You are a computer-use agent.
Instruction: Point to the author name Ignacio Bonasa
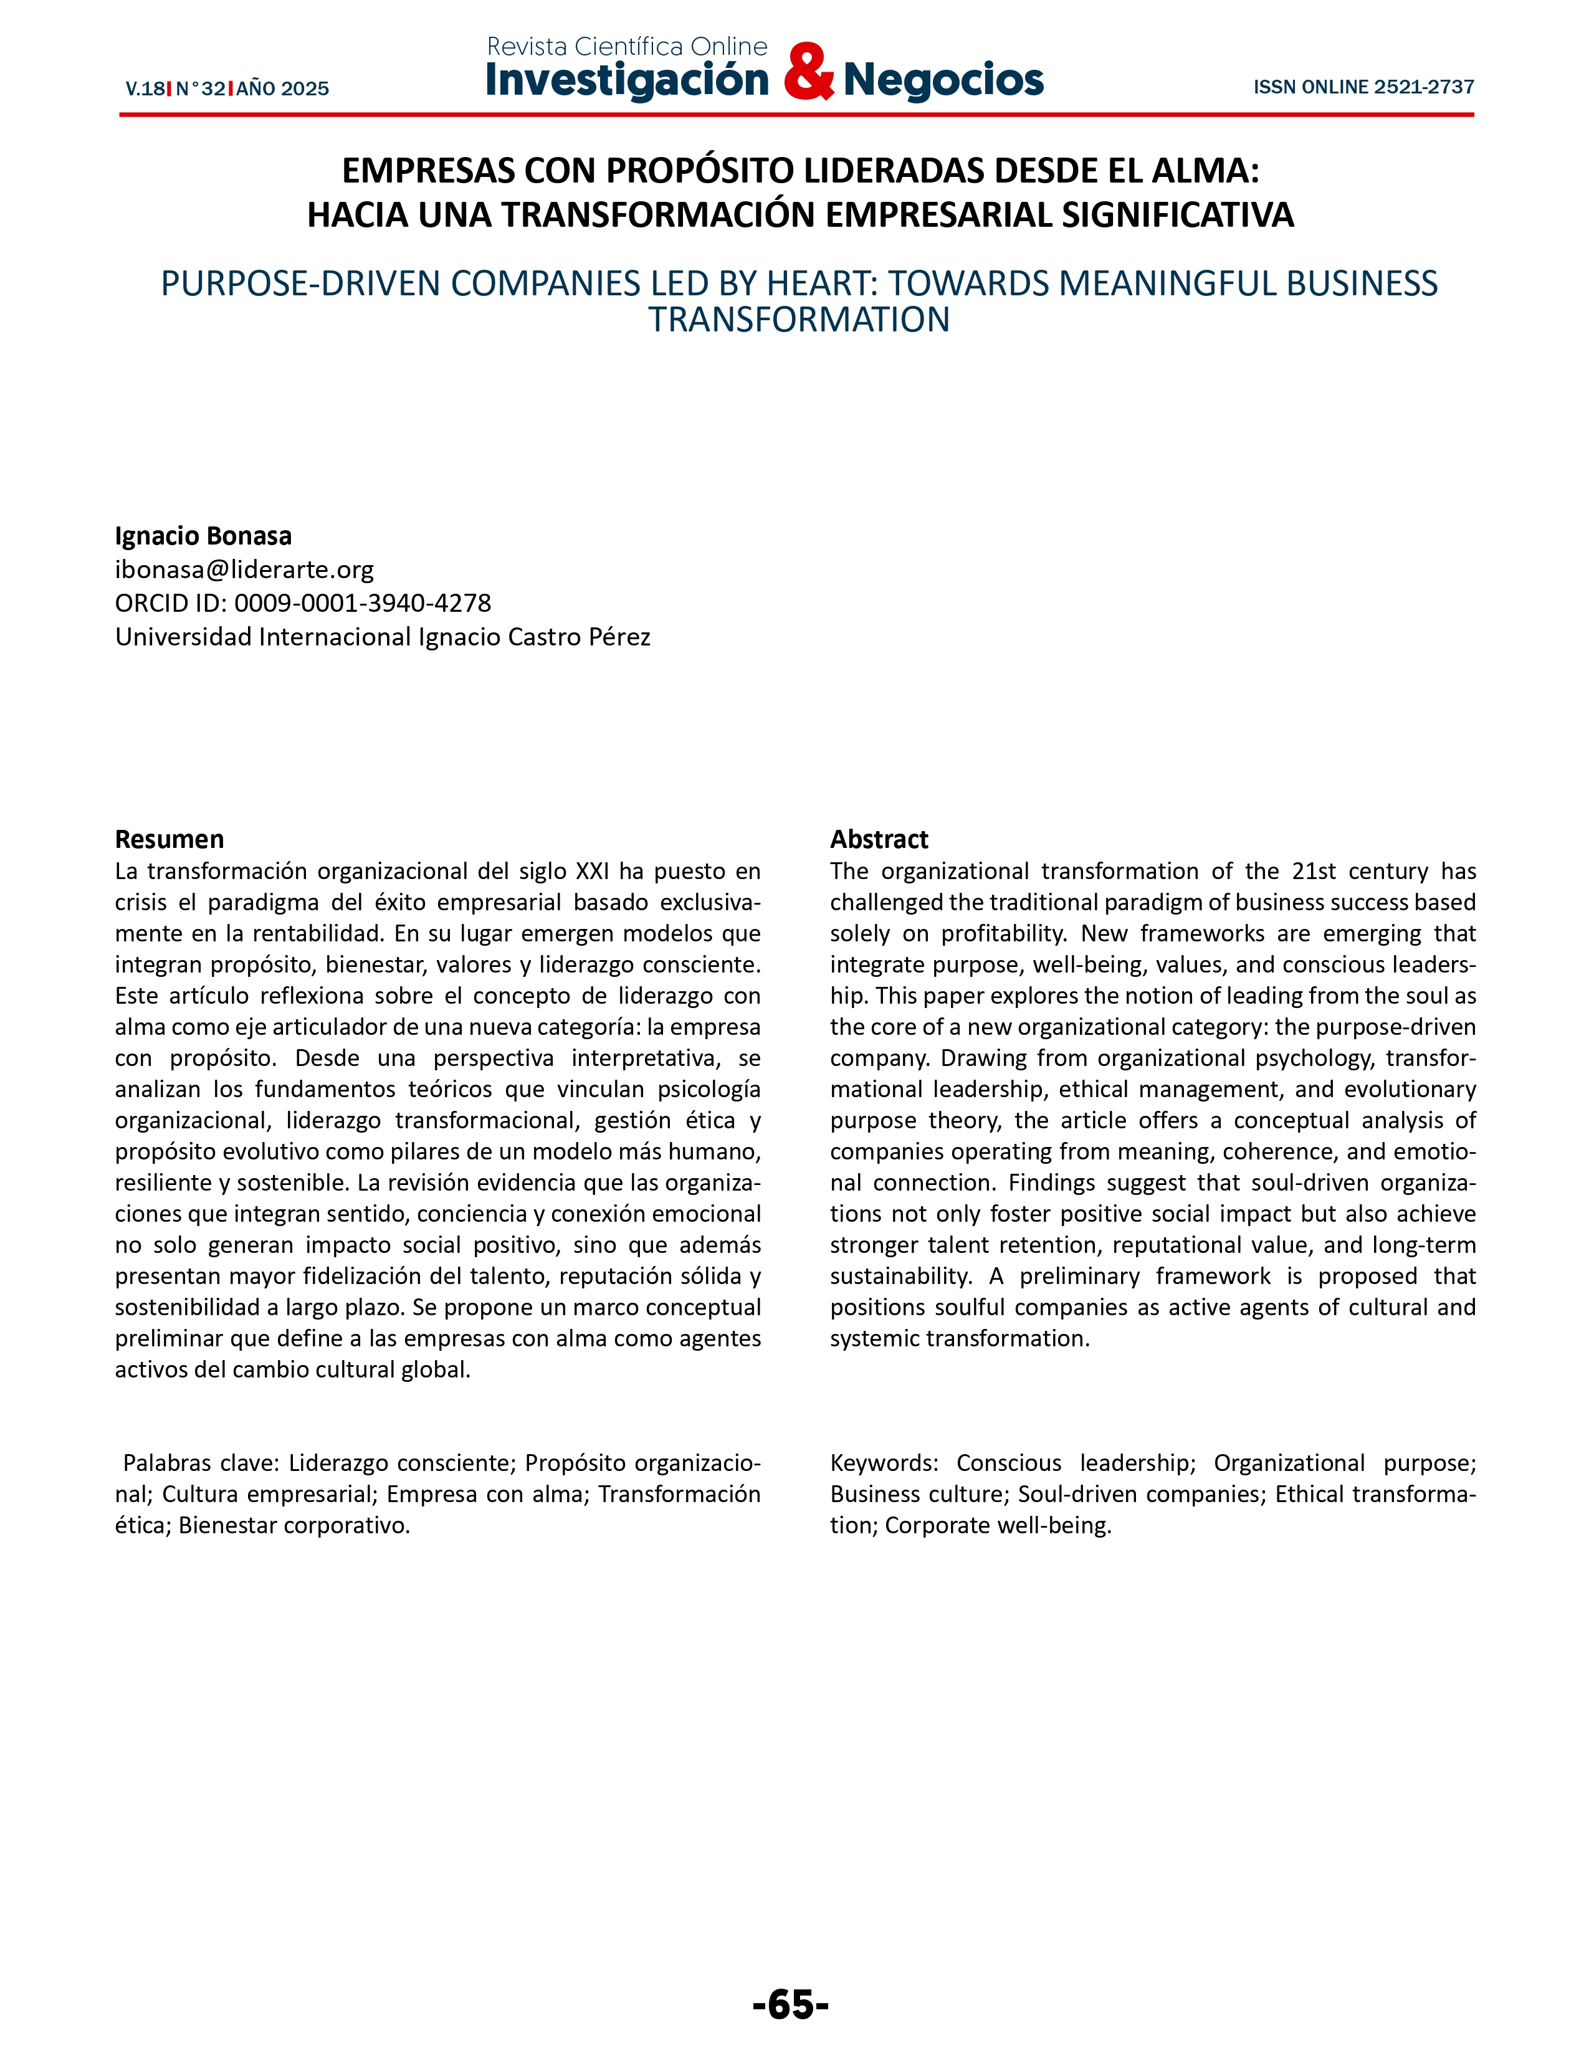203,536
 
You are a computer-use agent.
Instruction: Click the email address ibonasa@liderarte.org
244,569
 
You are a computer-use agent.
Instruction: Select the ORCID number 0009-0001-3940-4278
363,602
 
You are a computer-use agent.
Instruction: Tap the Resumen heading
169,839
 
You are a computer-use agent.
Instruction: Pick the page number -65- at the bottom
791,2004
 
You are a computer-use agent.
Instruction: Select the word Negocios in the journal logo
943,80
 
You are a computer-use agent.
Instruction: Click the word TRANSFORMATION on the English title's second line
798,320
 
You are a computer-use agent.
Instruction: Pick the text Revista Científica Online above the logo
627,46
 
